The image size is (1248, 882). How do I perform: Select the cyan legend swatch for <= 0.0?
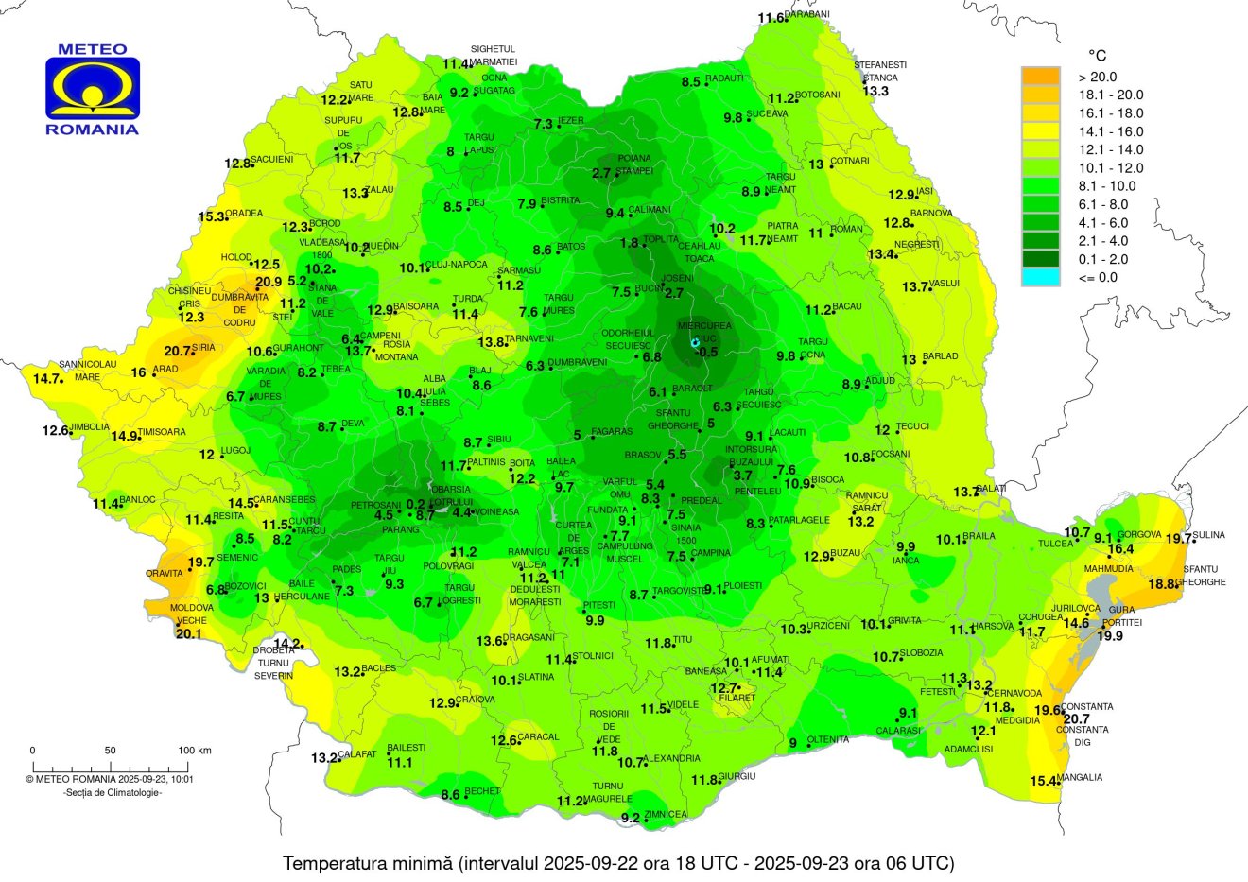1040,277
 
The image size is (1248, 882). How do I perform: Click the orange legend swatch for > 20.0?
1040,77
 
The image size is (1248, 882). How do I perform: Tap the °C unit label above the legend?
1097,56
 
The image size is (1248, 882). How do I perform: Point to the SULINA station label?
1208,535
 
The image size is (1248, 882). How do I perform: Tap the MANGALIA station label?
1082,778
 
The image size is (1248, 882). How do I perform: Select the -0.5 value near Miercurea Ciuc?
706,352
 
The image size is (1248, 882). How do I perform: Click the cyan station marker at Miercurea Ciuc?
695,342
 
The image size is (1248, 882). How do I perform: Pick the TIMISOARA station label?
162,432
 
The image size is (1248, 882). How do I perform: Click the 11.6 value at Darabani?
771,18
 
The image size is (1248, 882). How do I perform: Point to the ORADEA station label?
244,214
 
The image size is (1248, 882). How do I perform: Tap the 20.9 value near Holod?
269,282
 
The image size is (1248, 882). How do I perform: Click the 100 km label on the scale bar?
195,751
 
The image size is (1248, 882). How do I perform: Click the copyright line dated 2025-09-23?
110,780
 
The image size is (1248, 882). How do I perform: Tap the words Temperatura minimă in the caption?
369,863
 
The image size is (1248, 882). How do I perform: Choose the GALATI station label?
993,489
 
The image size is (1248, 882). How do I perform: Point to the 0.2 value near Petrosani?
415,504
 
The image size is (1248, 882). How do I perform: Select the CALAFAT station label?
358,754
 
